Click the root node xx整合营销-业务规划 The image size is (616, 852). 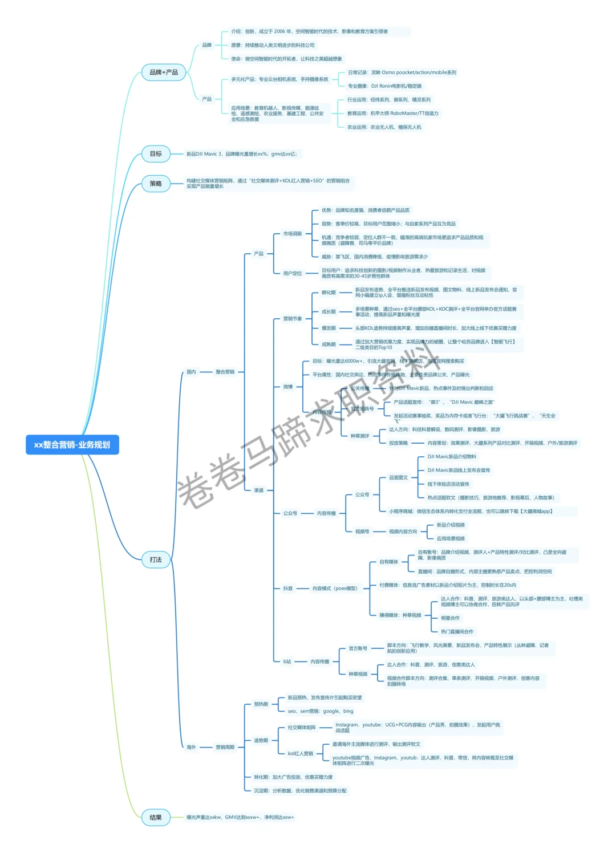[72, 445]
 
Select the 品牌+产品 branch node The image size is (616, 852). [164, 72]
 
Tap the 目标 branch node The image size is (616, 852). [156, 154]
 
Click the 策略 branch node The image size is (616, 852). [156, 184]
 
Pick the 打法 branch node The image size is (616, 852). [156, 559]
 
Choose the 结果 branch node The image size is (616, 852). [156, 817]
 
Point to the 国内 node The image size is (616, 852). [191, 372]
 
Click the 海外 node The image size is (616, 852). [191, 747]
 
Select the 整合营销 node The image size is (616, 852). [225, 372]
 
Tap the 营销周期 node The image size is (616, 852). [225, 747]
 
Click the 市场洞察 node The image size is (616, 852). [293, 234]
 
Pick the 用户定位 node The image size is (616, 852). [293, 273]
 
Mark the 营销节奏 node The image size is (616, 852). [293, 319]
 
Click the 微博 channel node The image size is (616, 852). [288, 387]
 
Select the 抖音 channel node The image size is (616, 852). [288, 589]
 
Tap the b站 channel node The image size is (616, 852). [287, 662]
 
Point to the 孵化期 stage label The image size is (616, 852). [329, 293]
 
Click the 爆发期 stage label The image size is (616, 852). [329, 328]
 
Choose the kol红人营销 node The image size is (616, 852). [301, 754]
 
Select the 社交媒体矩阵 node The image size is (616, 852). [302, 728]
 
